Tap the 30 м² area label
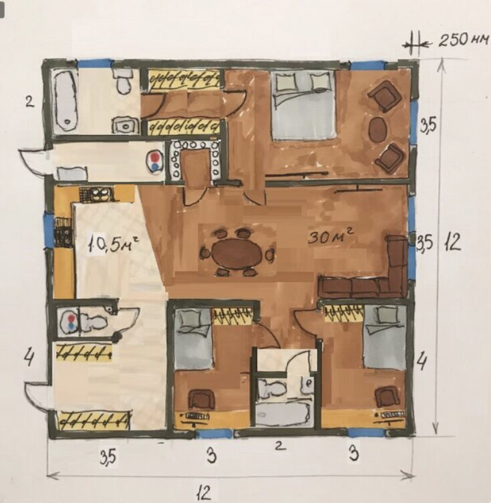tap(331, 237)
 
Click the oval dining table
tap(237, 254)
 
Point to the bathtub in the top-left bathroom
tap(65, 100)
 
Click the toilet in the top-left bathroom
tap(124, 80)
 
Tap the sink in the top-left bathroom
tap(125, 126)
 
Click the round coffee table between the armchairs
tap(378, 128)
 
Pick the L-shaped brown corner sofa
tap(368, 273)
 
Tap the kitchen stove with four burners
tap(96, 195)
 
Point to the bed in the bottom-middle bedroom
tap(194, 338)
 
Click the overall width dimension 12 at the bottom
tap(204, 492)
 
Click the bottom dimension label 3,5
tap(108, 457)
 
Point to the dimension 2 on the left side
tap(29, 103)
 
